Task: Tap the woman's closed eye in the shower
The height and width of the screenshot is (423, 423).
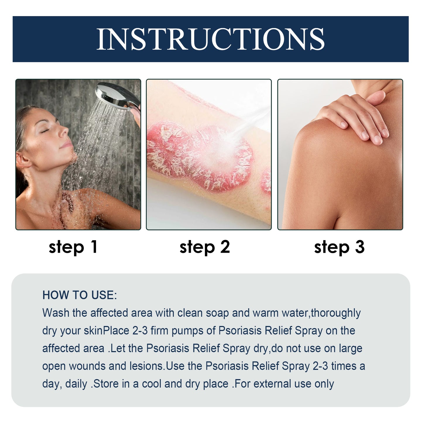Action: click(x=44, y=131)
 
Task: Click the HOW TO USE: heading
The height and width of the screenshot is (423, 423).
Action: click(x=80, y=295)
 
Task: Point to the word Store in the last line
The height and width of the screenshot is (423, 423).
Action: click(x=106, y=384)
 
